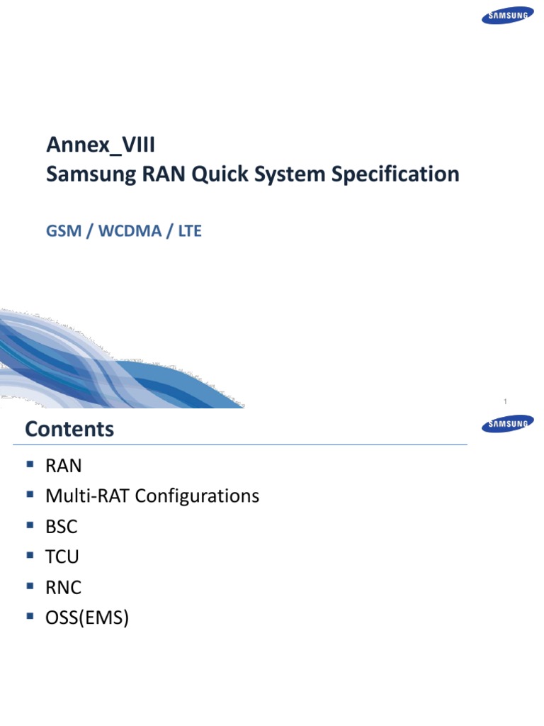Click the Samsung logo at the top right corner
507,16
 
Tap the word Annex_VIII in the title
101,145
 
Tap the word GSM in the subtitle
63,232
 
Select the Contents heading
69,429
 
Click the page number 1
505,402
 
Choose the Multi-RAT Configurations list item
152,496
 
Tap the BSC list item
62,527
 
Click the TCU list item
62,557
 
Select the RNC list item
64,588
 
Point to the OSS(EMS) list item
87,618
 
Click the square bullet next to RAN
30,464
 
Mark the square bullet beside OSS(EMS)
30,617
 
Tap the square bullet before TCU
30,556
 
